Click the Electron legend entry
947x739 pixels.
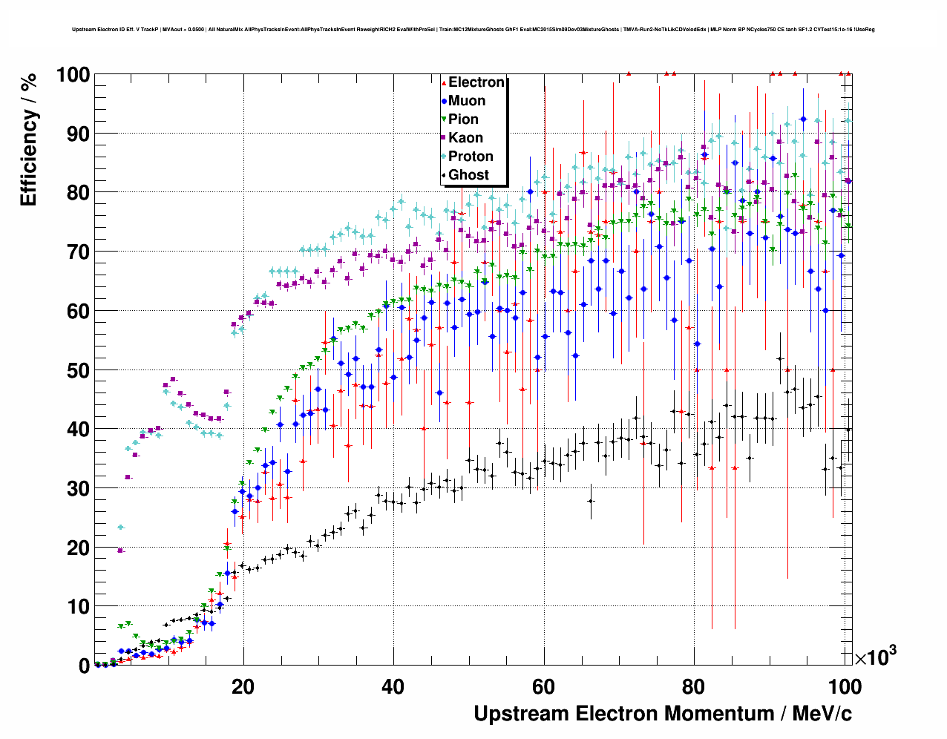click(476, 82)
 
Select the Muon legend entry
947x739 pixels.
click(467, 101)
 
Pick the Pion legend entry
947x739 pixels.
click(463, 119)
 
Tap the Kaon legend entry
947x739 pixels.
click(465, 138)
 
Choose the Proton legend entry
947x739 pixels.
click(471, 157)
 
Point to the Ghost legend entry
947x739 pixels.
click(468, 175)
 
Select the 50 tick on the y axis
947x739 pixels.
click(76, 370)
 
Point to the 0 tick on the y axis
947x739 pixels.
click(83, 666)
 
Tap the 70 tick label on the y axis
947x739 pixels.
click(76, 252)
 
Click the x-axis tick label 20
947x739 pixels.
click(243, 687)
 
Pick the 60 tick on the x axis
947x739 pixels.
click(543, 687)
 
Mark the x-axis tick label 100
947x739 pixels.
click(845, 687)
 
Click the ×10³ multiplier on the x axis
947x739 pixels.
click(875, 657)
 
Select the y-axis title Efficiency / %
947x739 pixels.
click(29, 140)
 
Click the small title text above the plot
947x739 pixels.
click(473, 30)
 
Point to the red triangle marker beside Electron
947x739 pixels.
click(444, 82)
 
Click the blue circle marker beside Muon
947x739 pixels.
click(444, 101)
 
